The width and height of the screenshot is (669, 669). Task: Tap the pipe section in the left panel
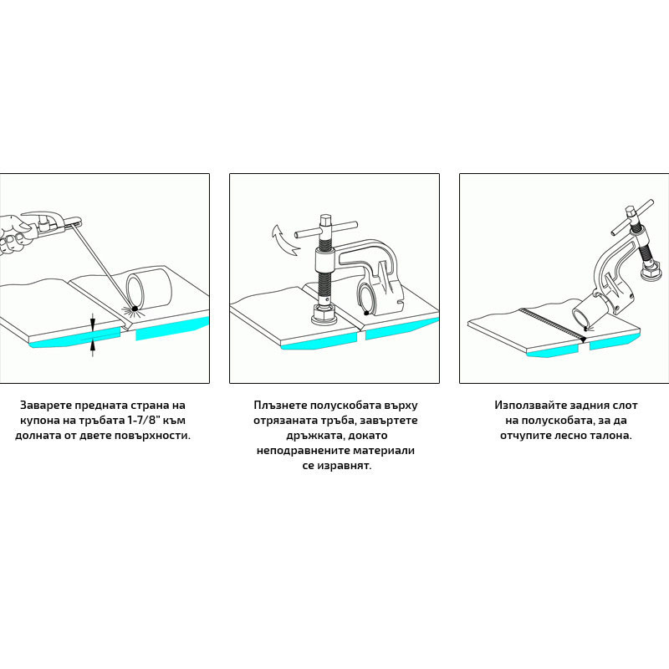click(x=149, y=287)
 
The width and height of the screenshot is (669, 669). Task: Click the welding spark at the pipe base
click(x=135, y=309)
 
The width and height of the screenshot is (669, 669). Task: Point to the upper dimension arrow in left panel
click(x=93, y=321)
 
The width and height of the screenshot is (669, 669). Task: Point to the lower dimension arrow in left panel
click(x=93, y=348)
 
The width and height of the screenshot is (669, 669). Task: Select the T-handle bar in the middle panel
click(x=326, y=230)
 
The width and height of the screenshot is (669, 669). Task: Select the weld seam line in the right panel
click(x=554, y=324)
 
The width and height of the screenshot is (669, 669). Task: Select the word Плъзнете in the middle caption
click(x=279, y=406)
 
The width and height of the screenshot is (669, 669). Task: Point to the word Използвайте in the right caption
click(x=529, y=406)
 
